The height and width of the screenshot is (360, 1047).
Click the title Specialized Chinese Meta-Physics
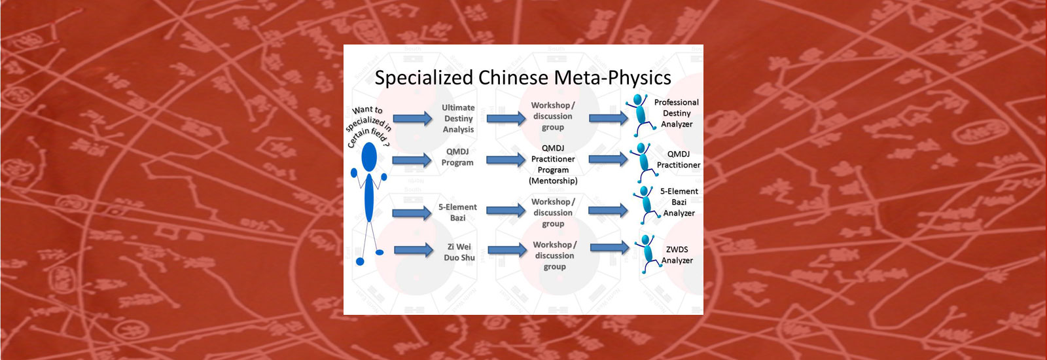click(522, 78)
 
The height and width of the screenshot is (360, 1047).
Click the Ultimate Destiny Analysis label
click(458, 118)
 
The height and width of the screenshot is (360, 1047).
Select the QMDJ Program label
click(457, 157)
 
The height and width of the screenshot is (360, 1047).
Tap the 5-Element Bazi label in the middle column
click(457, 212)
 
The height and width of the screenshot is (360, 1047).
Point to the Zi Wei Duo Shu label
click(459, 252)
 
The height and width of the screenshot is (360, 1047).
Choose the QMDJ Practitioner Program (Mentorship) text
click(553, 164)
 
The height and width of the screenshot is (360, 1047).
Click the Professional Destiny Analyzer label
click(676, 113)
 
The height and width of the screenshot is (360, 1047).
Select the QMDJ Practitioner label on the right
click(679, 160)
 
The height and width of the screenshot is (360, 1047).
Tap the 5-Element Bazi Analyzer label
click(679, 202)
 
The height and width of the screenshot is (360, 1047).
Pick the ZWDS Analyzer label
click(677, 255)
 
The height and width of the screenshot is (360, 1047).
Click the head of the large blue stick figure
click(370, 156)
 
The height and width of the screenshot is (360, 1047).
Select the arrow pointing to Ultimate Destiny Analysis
click(412, 118)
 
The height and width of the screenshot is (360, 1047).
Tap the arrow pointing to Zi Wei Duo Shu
click(413, 249)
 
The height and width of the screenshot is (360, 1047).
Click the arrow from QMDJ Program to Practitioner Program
click(506, 159)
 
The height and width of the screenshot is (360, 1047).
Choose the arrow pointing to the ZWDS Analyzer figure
click(609, 247)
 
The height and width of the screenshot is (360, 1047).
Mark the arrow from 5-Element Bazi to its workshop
click(506, 211)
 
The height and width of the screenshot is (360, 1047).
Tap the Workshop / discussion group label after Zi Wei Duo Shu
click(554, 255)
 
